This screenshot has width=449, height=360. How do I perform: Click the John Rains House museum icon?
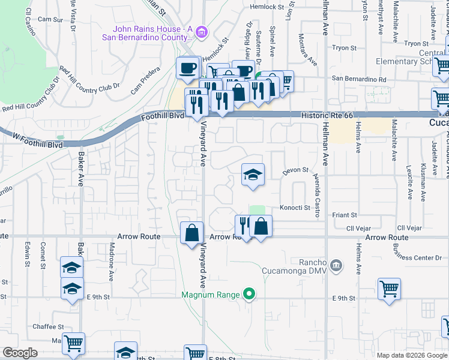click(201, 32)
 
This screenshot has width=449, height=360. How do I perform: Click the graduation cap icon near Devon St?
click(253, 175)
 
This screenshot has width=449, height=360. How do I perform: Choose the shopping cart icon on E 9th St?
click(389, 289)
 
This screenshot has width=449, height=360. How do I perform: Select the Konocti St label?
click(294, 208)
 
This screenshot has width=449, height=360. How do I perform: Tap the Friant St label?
click(345, 214)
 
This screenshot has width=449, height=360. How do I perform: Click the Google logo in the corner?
click(20, 353)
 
